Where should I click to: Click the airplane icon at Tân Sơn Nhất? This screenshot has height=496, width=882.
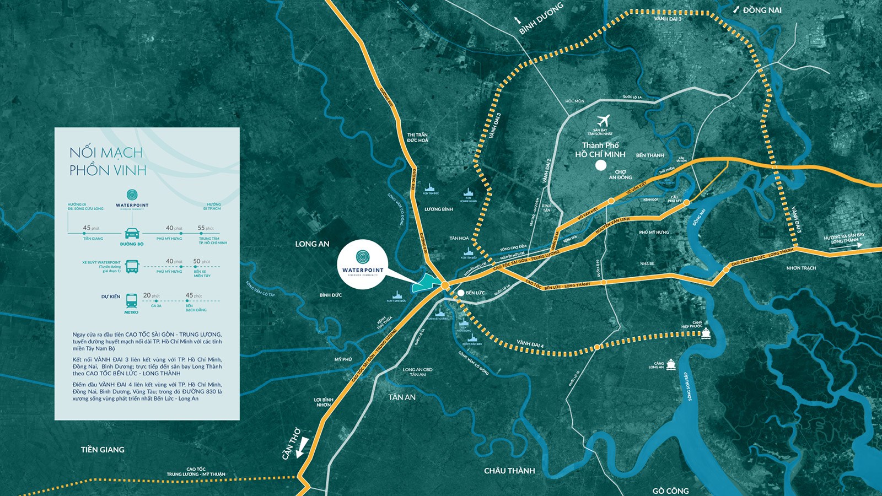604,120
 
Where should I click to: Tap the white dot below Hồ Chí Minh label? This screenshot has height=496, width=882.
601,165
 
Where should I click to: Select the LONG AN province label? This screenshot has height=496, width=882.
312,244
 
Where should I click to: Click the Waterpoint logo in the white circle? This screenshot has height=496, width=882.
362,257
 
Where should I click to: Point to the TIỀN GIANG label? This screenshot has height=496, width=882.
103,450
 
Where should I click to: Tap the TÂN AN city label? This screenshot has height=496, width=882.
402,397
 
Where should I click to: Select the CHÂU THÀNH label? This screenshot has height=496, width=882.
509,471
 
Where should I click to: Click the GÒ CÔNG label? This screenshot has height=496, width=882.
670,490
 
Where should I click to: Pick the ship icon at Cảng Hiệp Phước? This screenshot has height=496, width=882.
706,333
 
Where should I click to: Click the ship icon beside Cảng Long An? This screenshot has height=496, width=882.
671,364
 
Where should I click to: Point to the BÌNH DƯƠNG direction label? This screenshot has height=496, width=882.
541,18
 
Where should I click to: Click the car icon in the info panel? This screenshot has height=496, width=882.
132,233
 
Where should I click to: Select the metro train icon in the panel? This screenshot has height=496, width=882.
131,300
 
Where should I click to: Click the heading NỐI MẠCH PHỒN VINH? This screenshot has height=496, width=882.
107,161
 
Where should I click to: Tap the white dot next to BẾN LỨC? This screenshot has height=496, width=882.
461,293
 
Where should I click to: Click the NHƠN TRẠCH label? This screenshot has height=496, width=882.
801,268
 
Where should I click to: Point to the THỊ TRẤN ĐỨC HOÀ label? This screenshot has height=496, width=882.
417,137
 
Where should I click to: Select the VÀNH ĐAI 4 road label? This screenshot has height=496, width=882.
530,344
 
